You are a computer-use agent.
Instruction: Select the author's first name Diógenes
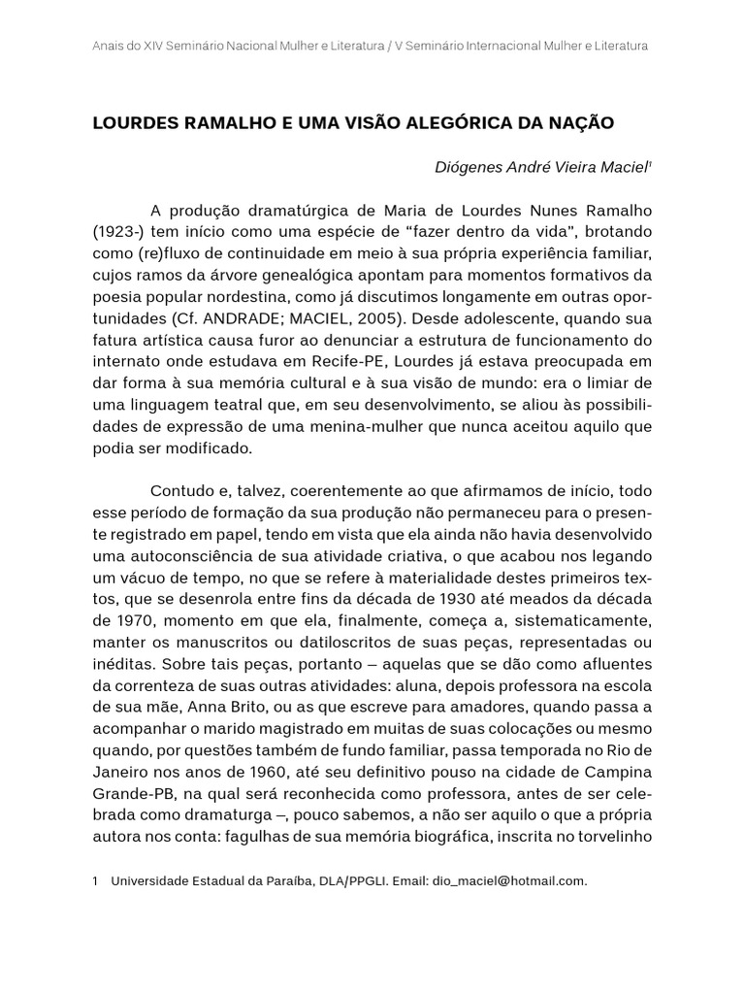470,167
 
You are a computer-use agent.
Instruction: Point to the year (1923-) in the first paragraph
121,233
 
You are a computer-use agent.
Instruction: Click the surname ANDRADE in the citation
234,318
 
